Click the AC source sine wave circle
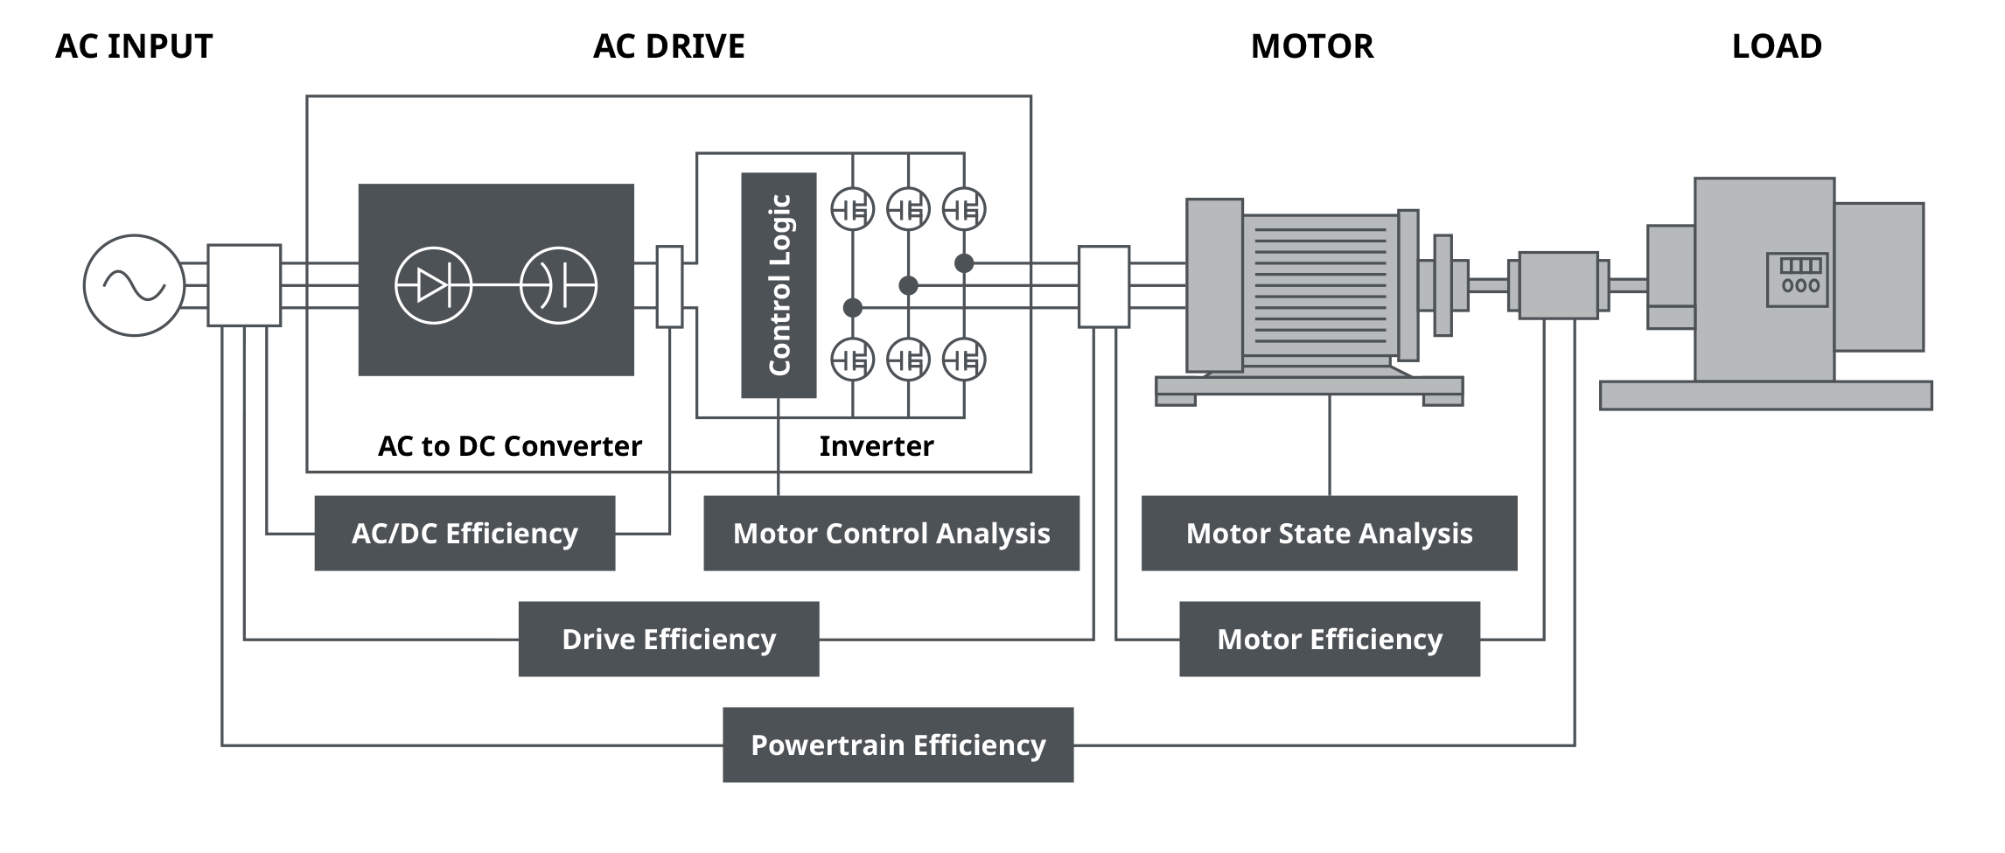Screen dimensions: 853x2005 pyautogui.click(x=134, y=285)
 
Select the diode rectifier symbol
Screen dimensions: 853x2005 pyautogui.click(x=433, y=285)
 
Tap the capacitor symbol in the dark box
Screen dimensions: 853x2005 pyautogui.click(x=558, y=285)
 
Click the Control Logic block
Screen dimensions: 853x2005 pyautogui.click(x=779, y=285)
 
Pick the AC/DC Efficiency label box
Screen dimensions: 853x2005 pyautogui.click(x=465, y=533)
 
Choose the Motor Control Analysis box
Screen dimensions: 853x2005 pyautogui.click(x=891, y=533)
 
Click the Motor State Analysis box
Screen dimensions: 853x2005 pyautogui.click(x=1329, y=533)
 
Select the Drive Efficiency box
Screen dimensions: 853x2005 pyautogui.click(x=668, y=639)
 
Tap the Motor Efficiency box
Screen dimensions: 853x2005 pyautogui.click(x=1330, y=639)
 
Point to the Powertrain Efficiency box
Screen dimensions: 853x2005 pyautogui.click(x=898, y=745)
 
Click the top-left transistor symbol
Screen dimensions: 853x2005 pyautogui.click(x=852, y=210)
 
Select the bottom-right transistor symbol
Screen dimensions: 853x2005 pyautogui.click(x=964, y=360)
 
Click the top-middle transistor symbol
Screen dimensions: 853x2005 pyautogui.click(x=908, y=210)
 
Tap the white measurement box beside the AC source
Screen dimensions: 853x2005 pyautogui.click(x=244, y=285)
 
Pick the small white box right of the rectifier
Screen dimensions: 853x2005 pyautogui.click(x=669, y=287)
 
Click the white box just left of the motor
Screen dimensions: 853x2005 pyautogui.click(x=1103, y=287)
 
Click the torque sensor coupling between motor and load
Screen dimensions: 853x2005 pyautogui.click(x=1558, y=285)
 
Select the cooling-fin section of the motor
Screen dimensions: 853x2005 pyautogui.click(x=1320, y=285)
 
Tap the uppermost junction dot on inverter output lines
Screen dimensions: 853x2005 pyautogui.click(x=964, y=262)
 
